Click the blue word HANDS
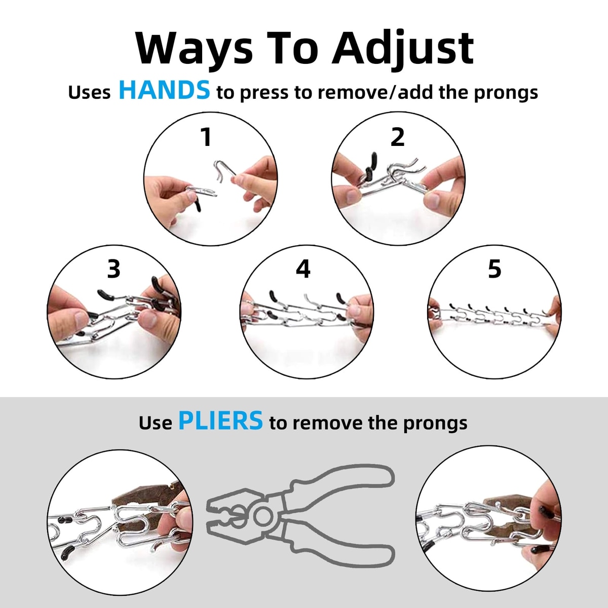[x=164, y=90]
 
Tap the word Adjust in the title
[x=403, y=50]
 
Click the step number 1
[x=206, y=137]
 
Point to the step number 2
[x=397, y=137]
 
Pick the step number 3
[x=113, y=269]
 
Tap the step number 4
[x=303, y=269]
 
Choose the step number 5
[x=495, y=269]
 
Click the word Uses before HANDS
[x=89, y=92]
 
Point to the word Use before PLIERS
[x=155, y=423]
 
